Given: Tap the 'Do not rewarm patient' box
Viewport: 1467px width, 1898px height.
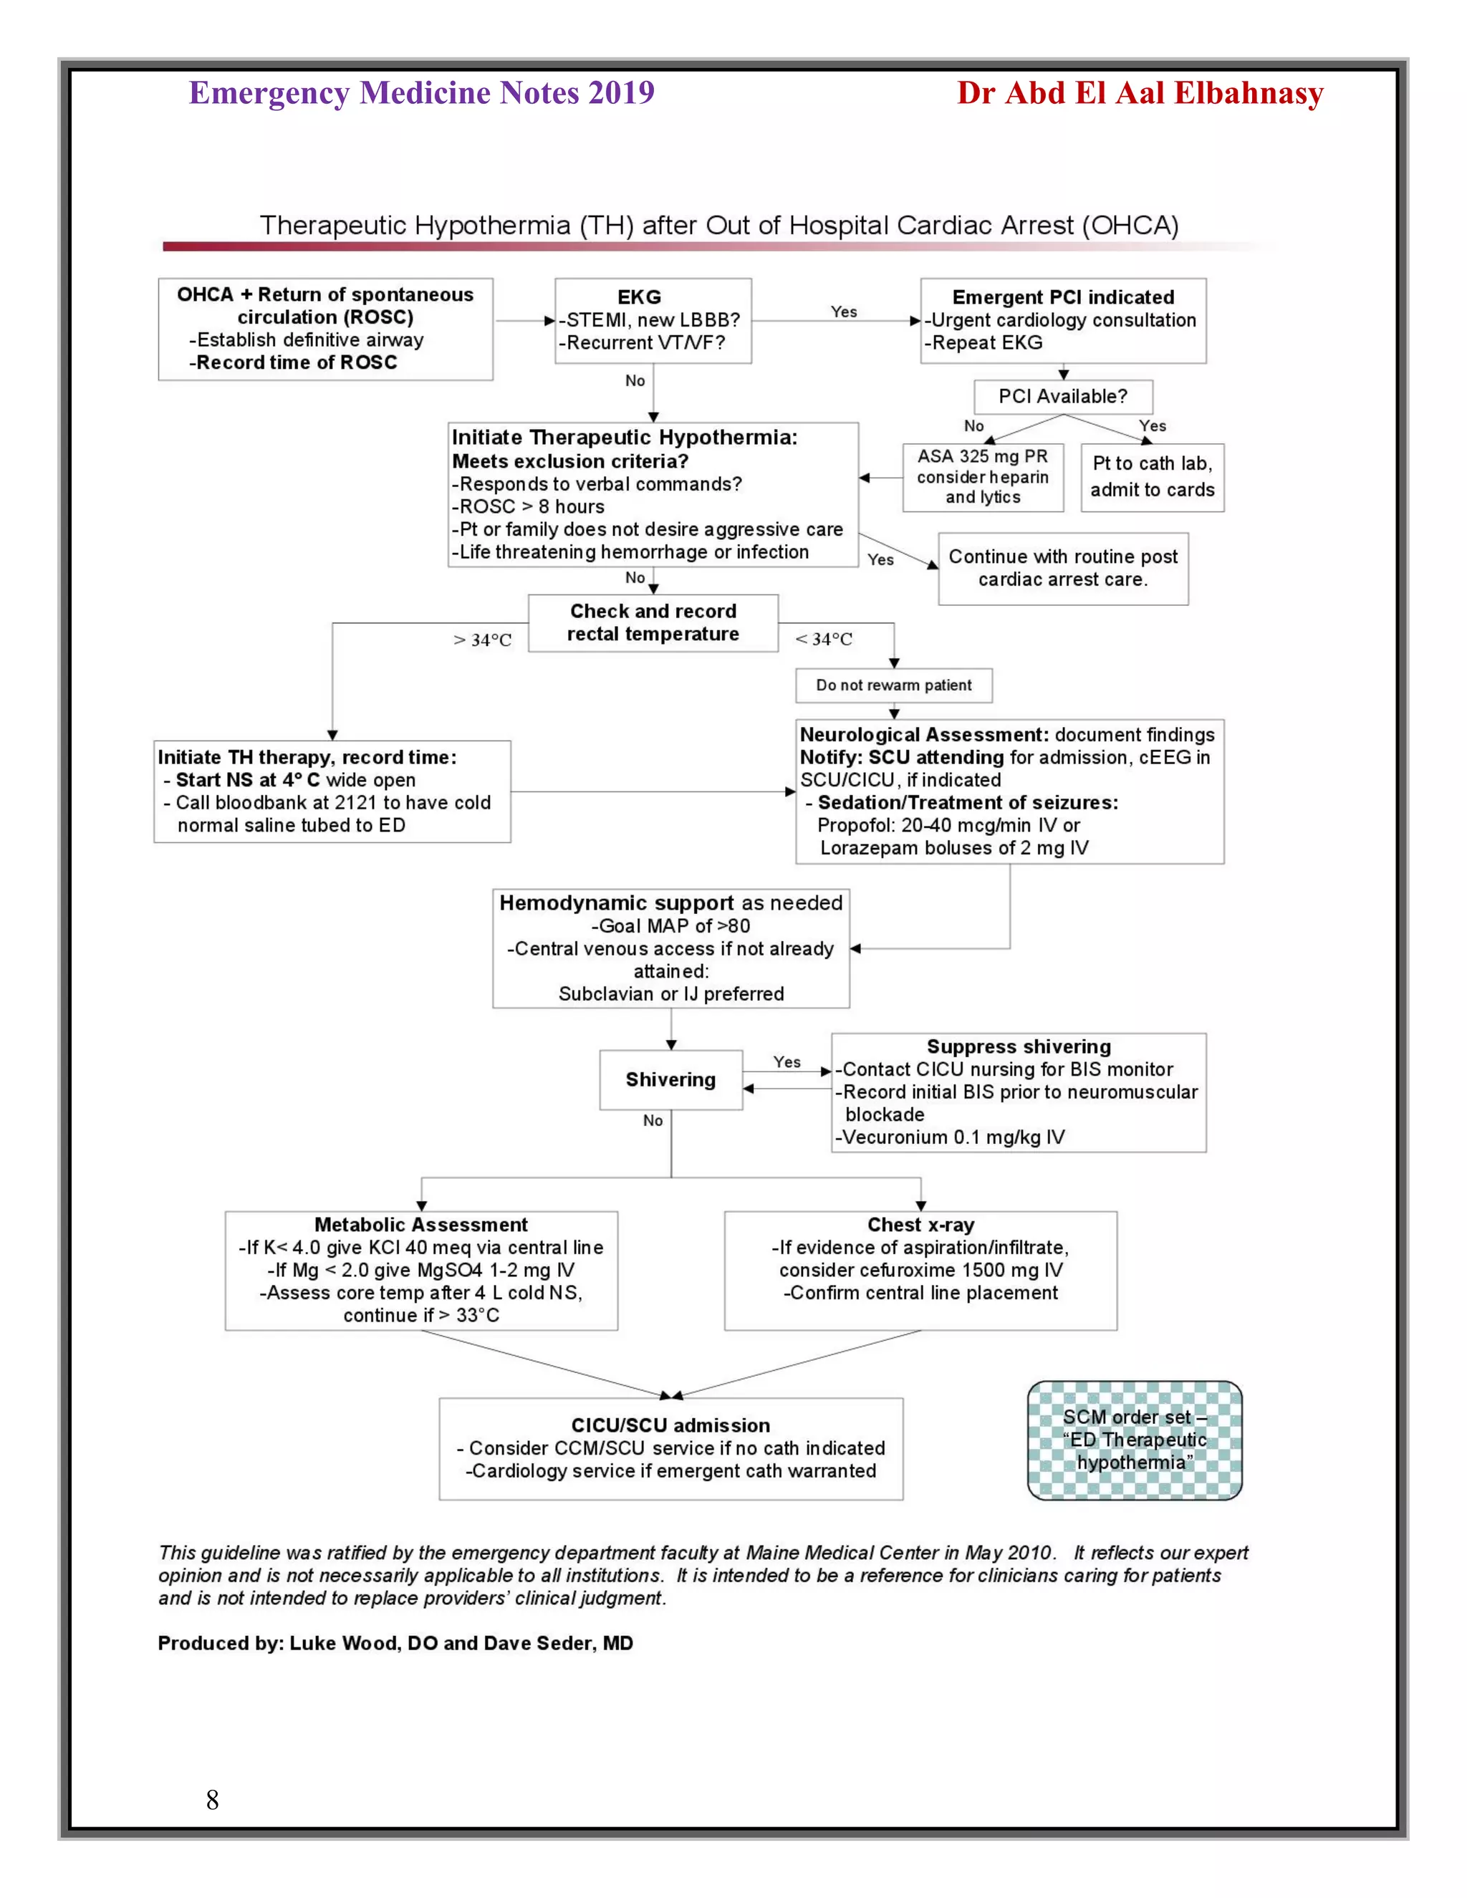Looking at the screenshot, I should pos(893,685).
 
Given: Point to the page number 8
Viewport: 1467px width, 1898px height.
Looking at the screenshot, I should pos(212,1800).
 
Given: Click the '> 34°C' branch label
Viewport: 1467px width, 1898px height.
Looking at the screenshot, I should pos(482,640).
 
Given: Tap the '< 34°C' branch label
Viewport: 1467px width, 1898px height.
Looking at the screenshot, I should pos(824,640).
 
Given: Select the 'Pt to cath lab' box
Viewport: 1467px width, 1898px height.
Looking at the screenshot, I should pos(1152,477).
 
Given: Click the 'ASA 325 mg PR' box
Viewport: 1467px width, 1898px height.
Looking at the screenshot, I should pos(982,477).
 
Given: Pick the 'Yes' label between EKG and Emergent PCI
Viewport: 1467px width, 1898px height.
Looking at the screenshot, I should pos(843,312).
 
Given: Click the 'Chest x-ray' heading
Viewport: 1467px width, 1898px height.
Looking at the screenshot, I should pos(920,1225).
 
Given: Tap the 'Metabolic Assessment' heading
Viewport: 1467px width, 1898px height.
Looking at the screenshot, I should pos(420,1225).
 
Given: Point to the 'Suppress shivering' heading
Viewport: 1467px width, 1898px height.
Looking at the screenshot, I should pos(1019,1046).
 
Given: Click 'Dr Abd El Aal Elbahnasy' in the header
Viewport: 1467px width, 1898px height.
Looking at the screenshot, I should pos(1140,93).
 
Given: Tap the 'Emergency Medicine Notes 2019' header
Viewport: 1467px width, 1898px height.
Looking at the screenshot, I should pos(421,93).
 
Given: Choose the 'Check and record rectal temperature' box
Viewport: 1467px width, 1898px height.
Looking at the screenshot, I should pos(653,622).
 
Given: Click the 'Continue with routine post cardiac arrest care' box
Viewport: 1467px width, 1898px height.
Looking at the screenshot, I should pos(1062,569).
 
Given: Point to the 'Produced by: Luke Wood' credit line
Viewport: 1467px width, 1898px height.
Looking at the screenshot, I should pos(395,1643).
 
